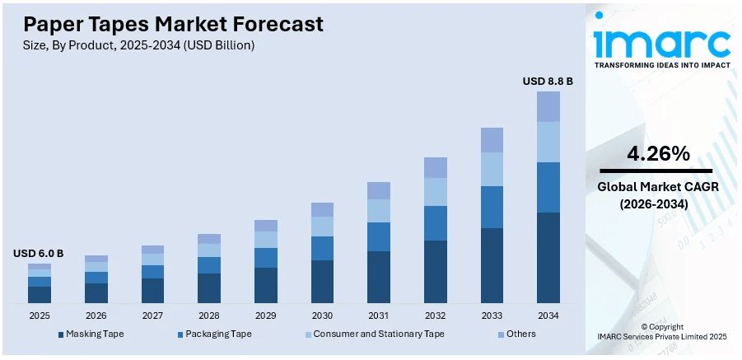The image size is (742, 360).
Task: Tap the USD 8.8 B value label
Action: pyautogui.click(x=548, y=82)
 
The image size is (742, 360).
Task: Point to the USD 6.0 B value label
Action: pyautogui.click(x=39, y=253)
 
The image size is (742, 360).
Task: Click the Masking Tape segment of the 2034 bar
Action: pyautogui.click(x=548, y=257)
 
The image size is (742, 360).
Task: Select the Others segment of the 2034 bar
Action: pyautogui.click(x=548, y=106)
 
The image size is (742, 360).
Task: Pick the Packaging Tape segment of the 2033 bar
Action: pyautogui.click(x=492, y=207)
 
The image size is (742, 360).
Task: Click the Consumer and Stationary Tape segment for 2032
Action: pyautogui.click(x=436, y=192)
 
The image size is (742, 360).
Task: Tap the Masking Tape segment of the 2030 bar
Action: pyautogui.click(x=323, y=281)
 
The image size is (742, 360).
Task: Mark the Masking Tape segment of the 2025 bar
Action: pyautogui.click(x=40, y=294)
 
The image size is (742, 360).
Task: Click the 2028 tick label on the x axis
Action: pyautogui.click(x=209, y=316)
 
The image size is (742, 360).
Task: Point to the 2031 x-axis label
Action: pyautogui.click(x=379, y=316)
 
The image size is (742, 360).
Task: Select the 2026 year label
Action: pyautogui.click(x=96, y=316)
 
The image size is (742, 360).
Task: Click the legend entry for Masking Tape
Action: pyautogui.click(x=91, y=334)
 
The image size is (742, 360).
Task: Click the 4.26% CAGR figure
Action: pyautogui.click(x=658, y=153)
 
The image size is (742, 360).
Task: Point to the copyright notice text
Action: pyautogui.click(x=662, y=332)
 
